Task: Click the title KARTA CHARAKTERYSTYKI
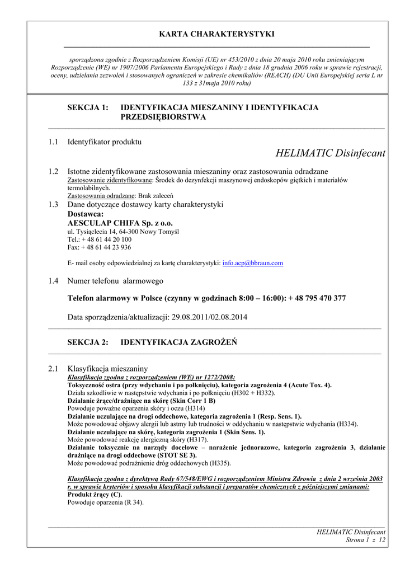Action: [x=216, y=34]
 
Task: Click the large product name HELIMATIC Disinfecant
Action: [x=331, y=153]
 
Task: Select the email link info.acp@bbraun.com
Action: [x=253, y=262]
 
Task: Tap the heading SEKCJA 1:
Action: [x=88, y=107]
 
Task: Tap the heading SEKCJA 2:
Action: [x=88, y=342]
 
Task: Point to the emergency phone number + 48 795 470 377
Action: [x=317, y=298]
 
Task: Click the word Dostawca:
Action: [x=86, y=214]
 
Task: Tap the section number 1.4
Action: [x=53, y=281]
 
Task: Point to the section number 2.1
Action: [x=53, y=369]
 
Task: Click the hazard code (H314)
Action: [x=195, y=408]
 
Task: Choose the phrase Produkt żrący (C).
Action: [x=95, y=495]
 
